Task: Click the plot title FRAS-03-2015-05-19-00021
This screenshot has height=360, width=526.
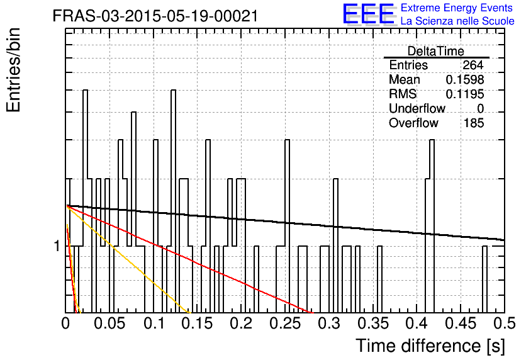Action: pos(155,16)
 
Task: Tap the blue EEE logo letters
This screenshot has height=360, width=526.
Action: pos(369,14)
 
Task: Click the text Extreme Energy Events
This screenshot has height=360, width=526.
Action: pos(457,8)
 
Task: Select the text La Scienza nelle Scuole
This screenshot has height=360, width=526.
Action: pos(457,21)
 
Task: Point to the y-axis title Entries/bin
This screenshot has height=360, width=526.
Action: pos(13,70)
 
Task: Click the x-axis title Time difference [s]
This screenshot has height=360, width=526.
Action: pos(430,346)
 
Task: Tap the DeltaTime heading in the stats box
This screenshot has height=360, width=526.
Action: pos(436,51)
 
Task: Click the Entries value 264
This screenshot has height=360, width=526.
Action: pos(473,65)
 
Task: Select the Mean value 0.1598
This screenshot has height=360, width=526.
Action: pos(464,79)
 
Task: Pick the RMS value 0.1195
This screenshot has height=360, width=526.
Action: pos(464,94)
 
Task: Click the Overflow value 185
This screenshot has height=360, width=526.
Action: pos(474,123)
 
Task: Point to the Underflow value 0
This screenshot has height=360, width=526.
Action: pos(480,108)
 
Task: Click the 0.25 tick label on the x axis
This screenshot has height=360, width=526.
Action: pos(285,323)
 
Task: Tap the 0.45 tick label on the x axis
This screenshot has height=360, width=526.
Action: pos(461,323)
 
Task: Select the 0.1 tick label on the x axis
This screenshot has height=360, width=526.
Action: pos(154,323)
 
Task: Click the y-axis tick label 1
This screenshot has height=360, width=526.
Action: pos(57,246)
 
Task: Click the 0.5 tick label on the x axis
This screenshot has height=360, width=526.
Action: pos(505,323)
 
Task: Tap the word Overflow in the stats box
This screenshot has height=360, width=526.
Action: pos(413,123)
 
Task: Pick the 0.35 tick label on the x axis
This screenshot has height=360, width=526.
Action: pos(373,323)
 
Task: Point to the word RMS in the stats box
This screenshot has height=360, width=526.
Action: pos(403,94)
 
